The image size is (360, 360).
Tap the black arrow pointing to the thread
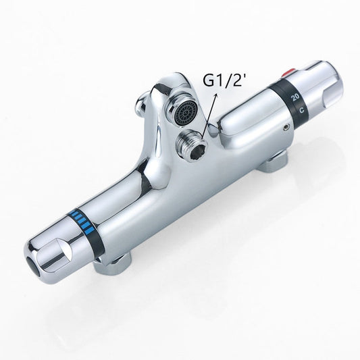(x=209, y=116)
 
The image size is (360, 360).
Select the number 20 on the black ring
(x=295, y=97)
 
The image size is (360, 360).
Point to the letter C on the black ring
(x=302, y=110)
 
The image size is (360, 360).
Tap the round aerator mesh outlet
(x=186, y=113)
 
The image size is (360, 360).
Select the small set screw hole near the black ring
(x=286, y=127)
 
